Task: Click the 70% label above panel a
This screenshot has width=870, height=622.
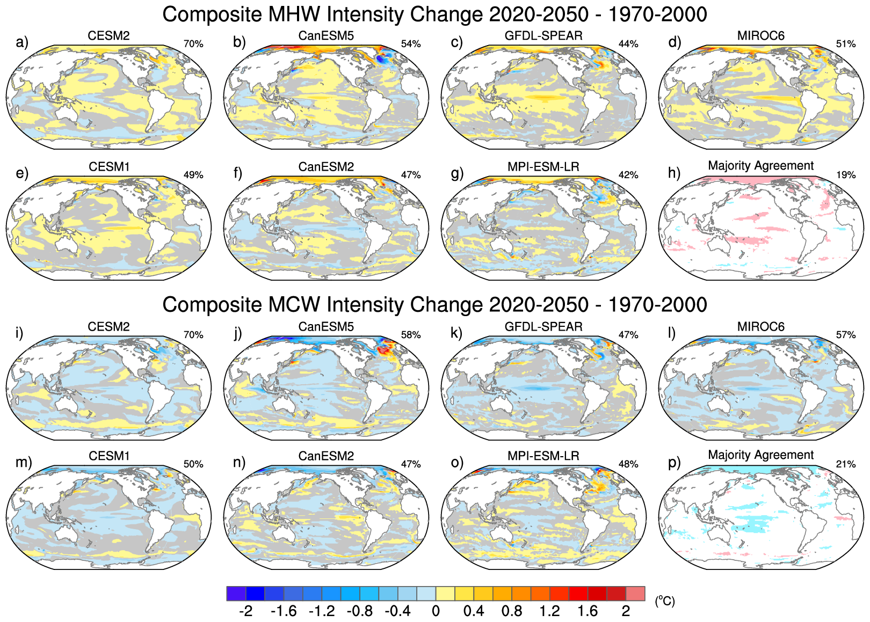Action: click(x=193, y=44)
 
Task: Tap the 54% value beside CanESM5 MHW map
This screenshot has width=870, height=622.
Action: click(x=411, y=44)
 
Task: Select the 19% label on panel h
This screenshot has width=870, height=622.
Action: click(x=846, y=175)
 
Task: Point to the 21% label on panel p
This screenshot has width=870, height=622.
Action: click(x=846, y=464)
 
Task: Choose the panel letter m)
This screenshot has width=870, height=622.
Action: click(x=24, y=462)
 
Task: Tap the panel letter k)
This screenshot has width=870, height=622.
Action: click(x=456, y=333)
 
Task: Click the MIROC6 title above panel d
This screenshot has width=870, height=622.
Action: click(x=761, y=36)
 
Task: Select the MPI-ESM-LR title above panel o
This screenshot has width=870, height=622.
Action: click(x=543, y=456)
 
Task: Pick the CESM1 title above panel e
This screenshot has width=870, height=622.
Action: click(x=109, y=167)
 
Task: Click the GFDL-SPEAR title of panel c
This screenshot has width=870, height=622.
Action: click(x=543, y=36)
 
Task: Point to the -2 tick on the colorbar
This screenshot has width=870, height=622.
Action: click(x=245, y=611)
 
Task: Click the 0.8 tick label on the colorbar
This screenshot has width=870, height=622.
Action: click(x=512, y=611)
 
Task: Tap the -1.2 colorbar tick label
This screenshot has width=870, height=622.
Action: click(x=322, y=611)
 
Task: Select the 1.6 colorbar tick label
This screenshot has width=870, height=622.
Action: click(x=588, y=611)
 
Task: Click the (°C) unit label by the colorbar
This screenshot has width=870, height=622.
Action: click(x=665, y=601)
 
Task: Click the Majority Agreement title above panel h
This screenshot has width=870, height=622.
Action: click(x=761, y=166)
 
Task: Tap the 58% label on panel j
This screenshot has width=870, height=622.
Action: click(x=411, y=335)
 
